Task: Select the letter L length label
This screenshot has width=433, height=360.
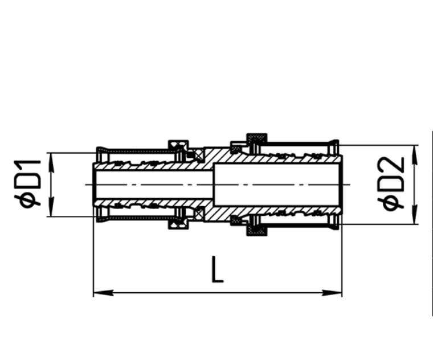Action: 217,270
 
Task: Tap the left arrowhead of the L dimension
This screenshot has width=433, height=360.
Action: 104,293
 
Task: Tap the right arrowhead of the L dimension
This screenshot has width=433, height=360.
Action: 332,293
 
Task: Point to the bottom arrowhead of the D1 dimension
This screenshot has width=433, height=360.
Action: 51,207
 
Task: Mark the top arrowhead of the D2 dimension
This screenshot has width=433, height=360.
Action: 414,155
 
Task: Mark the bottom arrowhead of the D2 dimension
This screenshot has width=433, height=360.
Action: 414,214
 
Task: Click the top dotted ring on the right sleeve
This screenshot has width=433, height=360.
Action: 257,138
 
